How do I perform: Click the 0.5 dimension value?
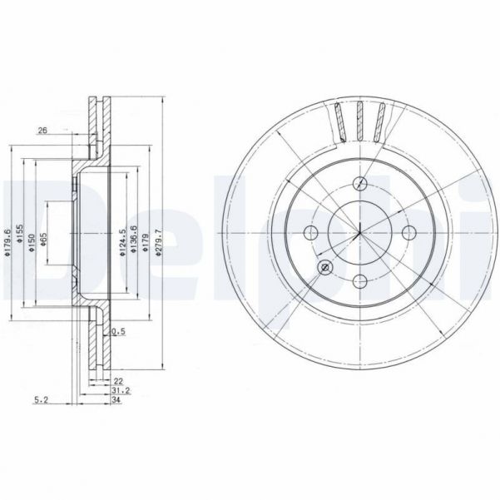tap(119, 333)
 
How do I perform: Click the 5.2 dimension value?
tap(39, 400)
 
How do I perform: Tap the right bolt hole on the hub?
tap(408, 232)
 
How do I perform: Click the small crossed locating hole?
tap(325, 266)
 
